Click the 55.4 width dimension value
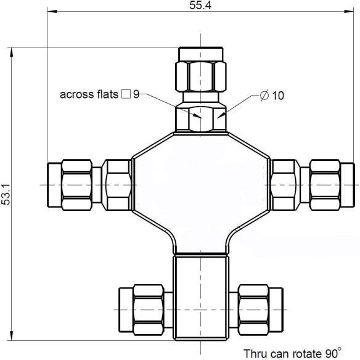tap(200, 6)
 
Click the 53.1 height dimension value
tap(6, 194)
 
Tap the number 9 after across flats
tap(136, 94)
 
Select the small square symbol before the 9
tap(126, 94)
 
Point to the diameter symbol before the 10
tap(264, 96)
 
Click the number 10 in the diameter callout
tap(278, 96)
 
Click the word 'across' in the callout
tap(77, 94)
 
